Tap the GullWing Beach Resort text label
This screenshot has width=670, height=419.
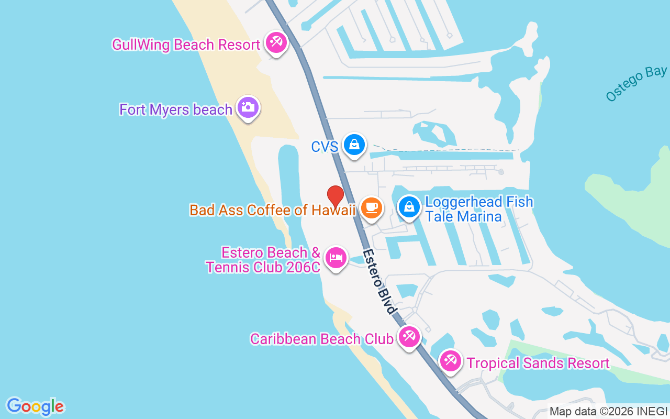click(186, 45)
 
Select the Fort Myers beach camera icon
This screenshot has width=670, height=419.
click(248, 107)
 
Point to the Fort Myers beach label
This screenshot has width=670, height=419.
click(176, 109)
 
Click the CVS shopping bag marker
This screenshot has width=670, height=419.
click(354, 144)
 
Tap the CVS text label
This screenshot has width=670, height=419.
click(325, 147)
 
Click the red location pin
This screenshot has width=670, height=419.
click(336, 196)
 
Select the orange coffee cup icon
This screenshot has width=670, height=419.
click(372, 207)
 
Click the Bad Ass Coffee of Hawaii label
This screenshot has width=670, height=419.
click(272, 210)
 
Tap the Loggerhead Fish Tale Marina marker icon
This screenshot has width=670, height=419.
click(409, 207)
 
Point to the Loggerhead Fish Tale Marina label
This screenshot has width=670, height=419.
click(479, 209)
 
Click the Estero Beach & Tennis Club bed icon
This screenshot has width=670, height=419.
click(336, 257)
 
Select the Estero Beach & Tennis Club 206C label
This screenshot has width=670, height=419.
click(263, 260)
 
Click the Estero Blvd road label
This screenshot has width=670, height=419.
click(379, 281)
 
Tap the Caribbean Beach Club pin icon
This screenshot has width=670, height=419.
click(408, 336)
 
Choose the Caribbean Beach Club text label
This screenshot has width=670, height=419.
click(321, 339)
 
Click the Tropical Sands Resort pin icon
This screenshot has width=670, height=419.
click(450, 360)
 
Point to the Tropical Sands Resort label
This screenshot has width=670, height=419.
click(538, 363)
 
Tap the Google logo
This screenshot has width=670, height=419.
click(35, 406)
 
